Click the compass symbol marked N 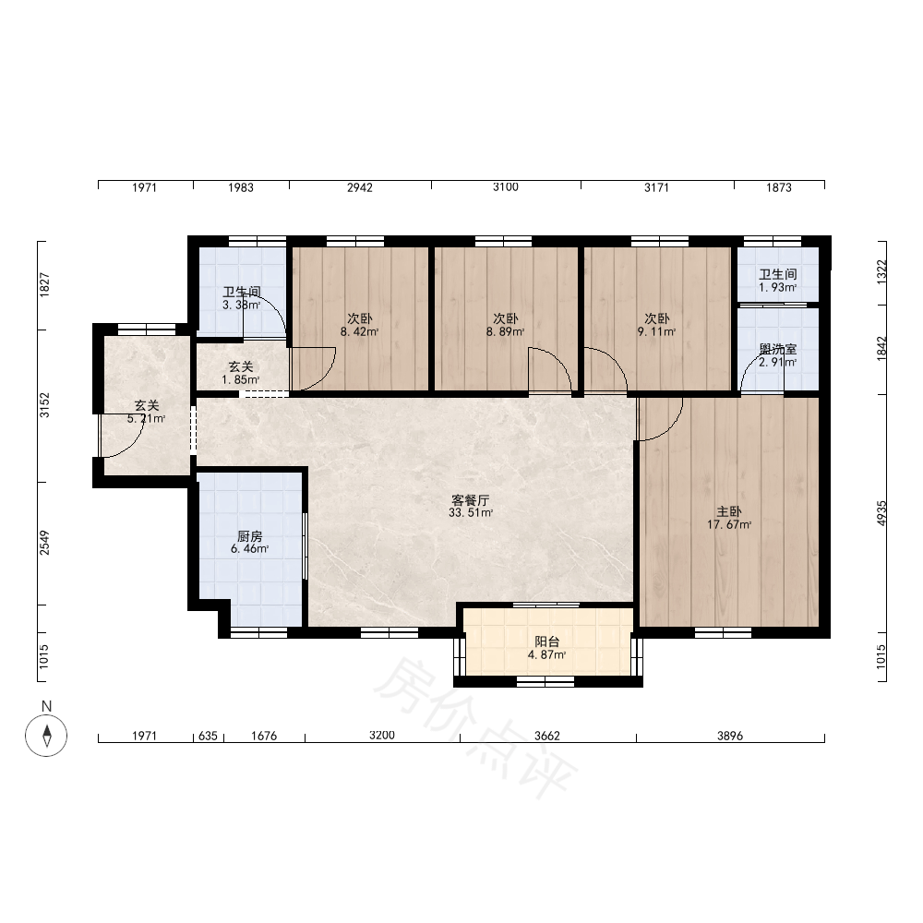[46, 736]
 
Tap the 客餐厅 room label [471, 500]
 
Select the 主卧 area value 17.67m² [729, 524]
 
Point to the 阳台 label [546, 641]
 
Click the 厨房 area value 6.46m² [249, 548]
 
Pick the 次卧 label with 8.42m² [360, 318]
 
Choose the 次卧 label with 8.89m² [506, 318]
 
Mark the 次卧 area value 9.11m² [657, 331]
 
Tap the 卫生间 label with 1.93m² [777, 274]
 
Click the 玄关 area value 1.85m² [241, 379]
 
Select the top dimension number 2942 [360, 187]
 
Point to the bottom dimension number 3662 [546, 736]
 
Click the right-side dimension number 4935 [881, 513]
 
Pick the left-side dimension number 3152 [44, 405]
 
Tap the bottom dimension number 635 [208, 736]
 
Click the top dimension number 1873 [779, 187]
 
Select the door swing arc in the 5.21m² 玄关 [133, 447]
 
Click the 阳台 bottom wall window [545, 682]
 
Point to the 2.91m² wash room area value [777, 362]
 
